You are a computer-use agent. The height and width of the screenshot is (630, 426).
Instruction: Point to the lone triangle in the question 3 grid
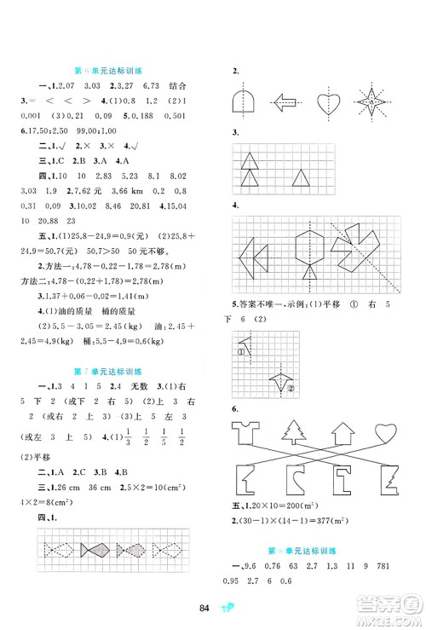[300, 177]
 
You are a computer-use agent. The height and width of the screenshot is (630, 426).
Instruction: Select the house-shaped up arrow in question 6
[348, 433]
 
